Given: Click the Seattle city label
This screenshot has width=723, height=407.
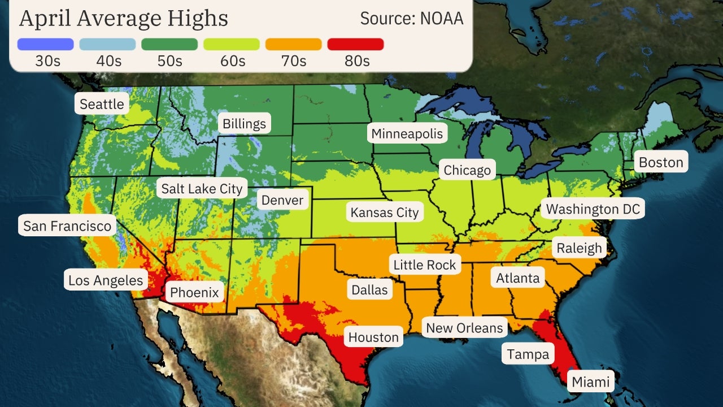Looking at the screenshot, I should pos(102,104).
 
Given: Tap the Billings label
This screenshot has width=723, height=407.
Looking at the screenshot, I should pos(244,124).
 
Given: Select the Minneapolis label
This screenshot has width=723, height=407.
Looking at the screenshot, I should pos(407,133).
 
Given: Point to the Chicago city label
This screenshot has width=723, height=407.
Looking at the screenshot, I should pos(467,170).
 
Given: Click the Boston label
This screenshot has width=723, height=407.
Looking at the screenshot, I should pos(661,163).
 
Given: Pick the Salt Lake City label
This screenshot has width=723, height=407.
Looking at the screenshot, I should pos(202,188).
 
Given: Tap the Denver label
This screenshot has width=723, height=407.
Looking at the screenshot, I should pos(282,200).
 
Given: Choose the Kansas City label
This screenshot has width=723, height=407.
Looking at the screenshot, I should pos(385,213).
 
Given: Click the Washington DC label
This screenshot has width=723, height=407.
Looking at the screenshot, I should pos(593,209).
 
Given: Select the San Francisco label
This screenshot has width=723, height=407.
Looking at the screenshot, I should pos(67,226).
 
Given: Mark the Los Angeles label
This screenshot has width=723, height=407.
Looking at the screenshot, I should pos(106,280).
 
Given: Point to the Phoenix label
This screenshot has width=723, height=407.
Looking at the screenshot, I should pos(194,292).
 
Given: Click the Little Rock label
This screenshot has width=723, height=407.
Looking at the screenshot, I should pos(424,265).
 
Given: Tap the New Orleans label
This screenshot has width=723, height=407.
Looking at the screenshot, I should pos(464,327).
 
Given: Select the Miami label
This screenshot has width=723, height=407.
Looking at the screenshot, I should pos(591,382).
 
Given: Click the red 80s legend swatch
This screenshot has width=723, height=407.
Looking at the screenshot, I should pos(355,44).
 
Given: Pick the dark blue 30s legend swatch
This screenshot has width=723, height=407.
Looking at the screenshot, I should pos(45,44).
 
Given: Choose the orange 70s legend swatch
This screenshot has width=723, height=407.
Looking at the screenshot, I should pos(293,44).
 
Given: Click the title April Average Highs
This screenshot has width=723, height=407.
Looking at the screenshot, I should pos(124,19).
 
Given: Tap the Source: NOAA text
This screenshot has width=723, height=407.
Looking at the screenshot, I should pos(412,19).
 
